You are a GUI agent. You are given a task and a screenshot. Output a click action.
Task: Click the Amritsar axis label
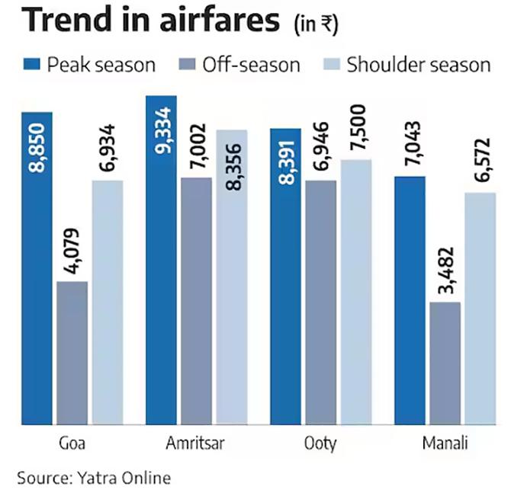196,443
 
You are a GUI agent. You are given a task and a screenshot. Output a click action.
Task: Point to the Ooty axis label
321,443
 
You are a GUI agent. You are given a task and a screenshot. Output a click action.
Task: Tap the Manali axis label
445,443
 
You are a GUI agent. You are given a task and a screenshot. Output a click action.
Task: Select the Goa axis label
71,443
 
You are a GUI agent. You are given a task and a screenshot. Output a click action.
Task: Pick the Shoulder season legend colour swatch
328,64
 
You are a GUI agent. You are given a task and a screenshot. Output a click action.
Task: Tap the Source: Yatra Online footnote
94,478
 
